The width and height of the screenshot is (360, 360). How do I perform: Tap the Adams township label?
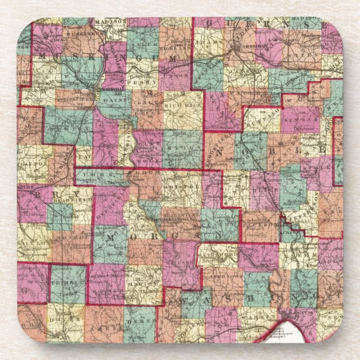(208, 41)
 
